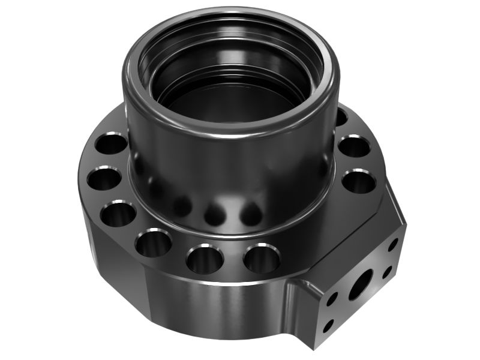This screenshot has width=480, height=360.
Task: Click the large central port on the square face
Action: (x=361, y=287)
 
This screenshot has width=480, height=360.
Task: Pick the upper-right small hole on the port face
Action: (x=393, y=244)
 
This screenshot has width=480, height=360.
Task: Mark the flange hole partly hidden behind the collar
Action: (x=341, y=116)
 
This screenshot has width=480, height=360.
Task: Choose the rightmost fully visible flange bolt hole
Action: (x=359, y=182)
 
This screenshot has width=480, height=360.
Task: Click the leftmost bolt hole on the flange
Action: (x=103, y=178)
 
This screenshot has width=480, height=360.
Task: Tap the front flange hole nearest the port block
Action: (x=262, y=259)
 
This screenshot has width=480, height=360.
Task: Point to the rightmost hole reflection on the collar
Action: (x=251, y=212)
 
